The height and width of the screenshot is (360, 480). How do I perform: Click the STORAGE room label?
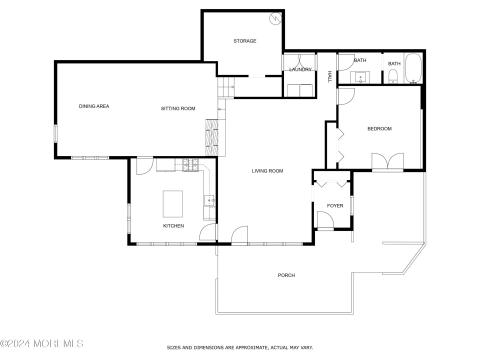pyautogui.click(x=245, y=41)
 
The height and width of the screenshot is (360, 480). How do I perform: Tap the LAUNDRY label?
pyautogui.click(x=300, y=69)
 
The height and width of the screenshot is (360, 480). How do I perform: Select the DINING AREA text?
pyautogui.click(x=94, y=106)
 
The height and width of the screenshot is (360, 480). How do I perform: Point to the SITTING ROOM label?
pyautogui.click(x=177, y=108)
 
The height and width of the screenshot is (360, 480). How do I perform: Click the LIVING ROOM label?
pyautogui.click(x=267, y=171)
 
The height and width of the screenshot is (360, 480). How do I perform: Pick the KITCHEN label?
pyautogui.click(x=174, y=225)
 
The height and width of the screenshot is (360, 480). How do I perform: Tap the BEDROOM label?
pyautogui.click(x=379, y=128)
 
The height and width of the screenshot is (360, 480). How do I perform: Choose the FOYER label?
pyautogui.click(x=334, y=205)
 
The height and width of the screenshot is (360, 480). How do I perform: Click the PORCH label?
pyautogui.click(x=286, y=274)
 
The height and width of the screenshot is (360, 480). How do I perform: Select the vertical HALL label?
pyautogui.click(x=331, y=74)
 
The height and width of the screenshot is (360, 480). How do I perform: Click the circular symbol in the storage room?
pyautogui.click(x=274, y=18)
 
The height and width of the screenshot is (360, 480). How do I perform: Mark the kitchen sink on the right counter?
pyautogui.click(x=209, y=202)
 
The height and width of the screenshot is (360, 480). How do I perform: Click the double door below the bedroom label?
pyautogui.click(x=387, y=162)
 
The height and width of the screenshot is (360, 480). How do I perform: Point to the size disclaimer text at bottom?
pyautogui.click(x=240, y=348)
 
